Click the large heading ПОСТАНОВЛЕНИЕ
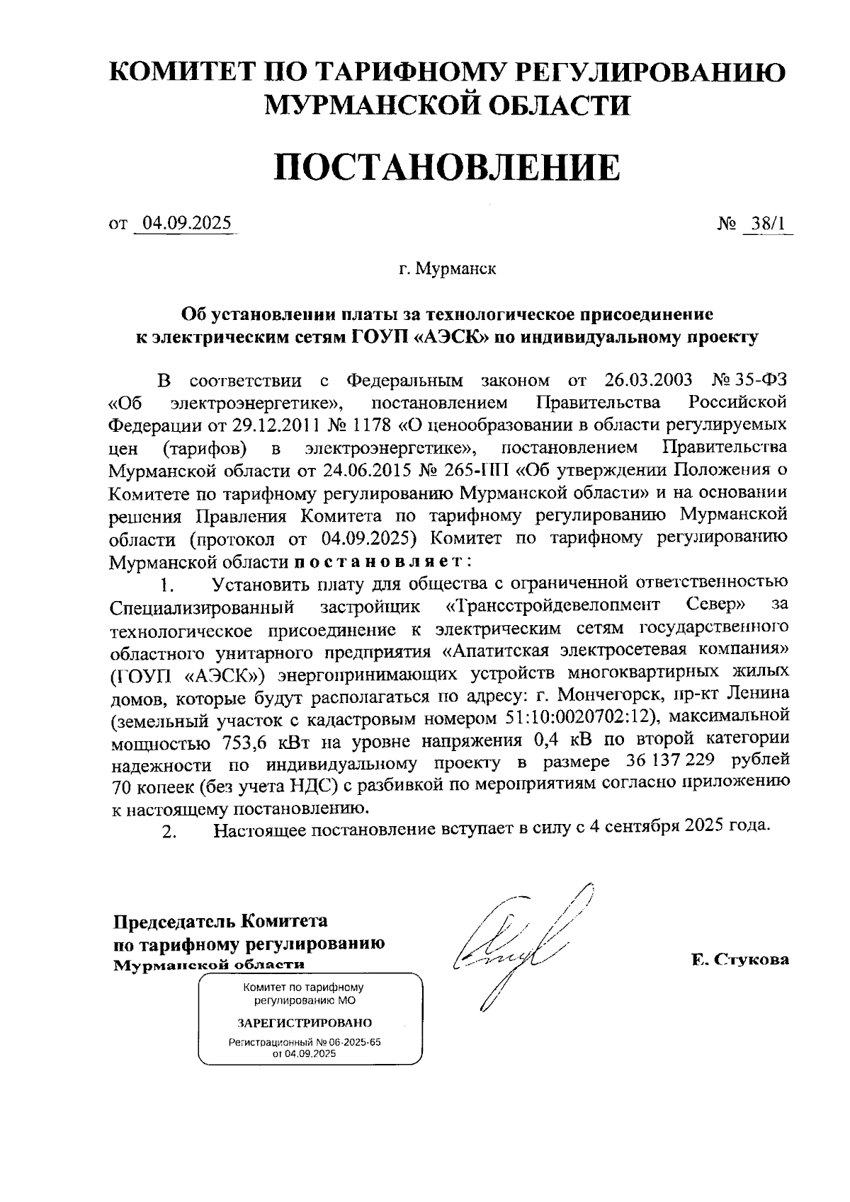[x=446, y=168]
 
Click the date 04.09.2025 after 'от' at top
[x=186, y=224]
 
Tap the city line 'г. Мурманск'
[x=446, y=270]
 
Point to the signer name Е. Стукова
[x=739, y=960]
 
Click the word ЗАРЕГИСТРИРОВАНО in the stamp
[x=305, y=1023]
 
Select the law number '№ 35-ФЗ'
[x=749, y=380]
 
